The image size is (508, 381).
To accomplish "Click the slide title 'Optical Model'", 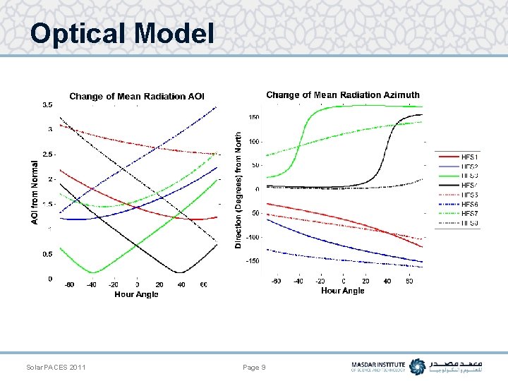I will coord(121,33).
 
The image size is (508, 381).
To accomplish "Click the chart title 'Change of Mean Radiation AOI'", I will coord(136,96).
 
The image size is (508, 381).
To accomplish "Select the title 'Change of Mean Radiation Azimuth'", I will coord(342,95).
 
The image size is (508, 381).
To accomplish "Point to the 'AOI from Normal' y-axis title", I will coord(35,192).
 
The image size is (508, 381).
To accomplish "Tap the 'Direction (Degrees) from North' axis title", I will coord(238,190).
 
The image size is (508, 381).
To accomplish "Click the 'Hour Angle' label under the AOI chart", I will coord(136,294).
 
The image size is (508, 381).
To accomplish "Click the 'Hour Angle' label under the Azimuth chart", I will coord(342,290).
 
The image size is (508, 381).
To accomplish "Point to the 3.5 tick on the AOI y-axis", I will coord(47,104).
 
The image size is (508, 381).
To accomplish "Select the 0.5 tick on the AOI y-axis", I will coord(47,254).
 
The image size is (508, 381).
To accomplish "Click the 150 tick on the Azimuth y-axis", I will coord(254,117).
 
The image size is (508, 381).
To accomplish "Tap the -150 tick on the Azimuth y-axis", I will coord(253,261).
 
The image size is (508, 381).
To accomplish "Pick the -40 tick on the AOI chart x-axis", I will coord(92,285).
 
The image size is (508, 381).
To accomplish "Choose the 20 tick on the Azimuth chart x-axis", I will coord(365,281).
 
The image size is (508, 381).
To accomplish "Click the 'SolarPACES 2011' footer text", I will coord(56,368).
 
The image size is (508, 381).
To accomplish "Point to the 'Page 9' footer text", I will coord(254,368).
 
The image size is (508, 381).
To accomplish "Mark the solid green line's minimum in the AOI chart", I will coord(92,272).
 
